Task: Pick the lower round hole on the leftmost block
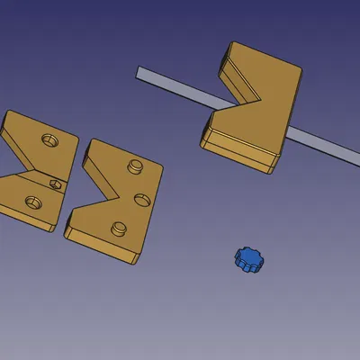pyautogui.click(x=34, y=201)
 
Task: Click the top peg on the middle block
pyautogui.click(x=135, y=166)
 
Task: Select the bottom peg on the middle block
pyautogui.click(x=117, y=227)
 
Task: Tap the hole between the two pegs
pyautogui.click(x=140, y=198)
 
